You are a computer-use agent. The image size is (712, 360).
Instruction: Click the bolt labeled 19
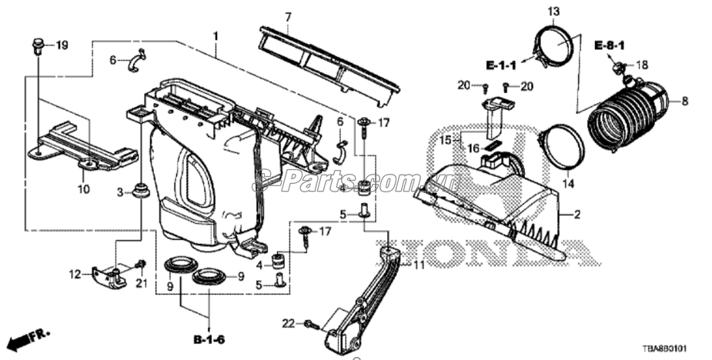[x=38, y=46]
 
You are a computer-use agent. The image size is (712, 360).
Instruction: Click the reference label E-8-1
[x=609, y=47]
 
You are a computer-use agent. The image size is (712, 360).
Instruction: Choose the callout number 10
[x=82, y=188]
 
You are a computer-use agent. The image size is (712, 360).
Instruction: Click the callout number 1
[x=216, y=36]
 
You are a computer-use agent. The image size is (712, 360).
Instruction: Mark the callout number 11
[x=419, y=265]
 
